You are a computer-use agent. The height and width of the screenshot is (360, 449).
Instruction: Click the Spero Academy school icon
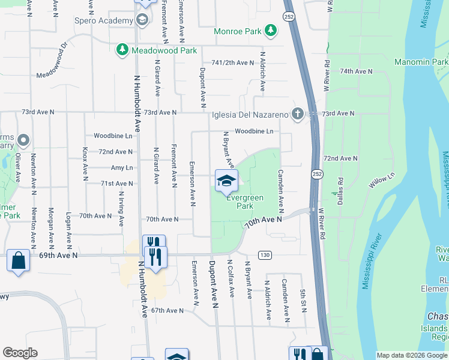click(x=142, y=21)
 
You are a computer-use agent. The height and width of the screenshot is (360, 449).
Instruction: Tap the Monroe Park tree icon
click(x=271, y=30)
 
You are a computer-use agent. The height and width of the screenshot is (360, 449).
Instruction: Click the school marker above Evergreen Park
click(x=226, y=181)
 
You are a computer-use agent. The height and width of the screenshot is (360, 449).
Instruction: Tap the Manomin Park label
click(x=421, y=62)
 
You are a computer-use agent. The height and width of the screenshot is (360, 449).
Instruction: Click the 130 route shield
click(x=264, y=255)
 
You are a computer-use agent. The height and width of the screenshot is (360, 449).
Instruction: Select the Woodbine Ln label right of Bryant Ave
click(x=254, y=131)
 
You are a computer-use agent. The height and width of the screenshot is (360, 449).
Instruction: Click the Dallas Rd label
click(x=340, y=189)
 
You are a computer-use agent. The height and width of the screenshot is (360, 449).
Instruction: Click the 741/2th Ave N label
click(x=233, y=63)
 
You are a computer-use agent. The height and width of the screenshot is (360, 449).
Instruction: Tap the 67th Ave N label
click(x=166, y=310)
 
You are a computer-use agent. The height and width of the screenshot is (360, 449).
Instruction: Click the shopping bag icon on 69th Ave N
click(x=19, y=260)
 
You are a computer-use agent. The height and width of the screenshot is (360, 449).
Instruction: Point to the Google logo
click(x=20, y=353)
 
